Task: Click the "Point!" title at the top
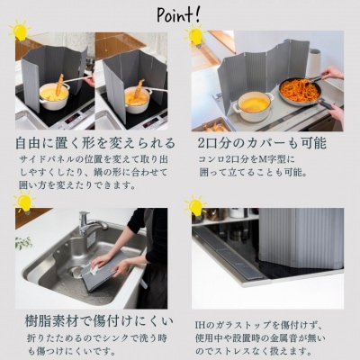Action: coord(180,15)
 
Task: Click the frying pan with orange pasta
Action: coord(302,90)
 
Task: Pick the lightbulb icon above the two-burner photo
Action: coord(194,36)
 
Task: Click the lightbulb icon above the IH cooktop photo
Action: coord(194,207)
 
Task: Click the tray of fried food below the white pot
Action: coord(217,125)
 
